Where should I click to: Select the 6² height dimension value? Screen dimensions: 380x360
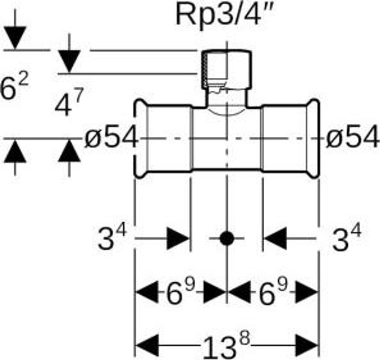(14, 88)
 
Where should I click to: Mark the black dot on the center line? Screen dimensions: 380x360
(226, 238)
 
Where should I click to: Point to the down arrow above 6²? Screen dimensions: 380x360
(15, 38)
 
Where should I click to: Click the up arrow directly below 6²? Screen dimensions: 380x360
(15, 152)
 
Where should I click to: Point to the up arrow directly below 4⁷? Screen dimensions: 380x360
(69, 152)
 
